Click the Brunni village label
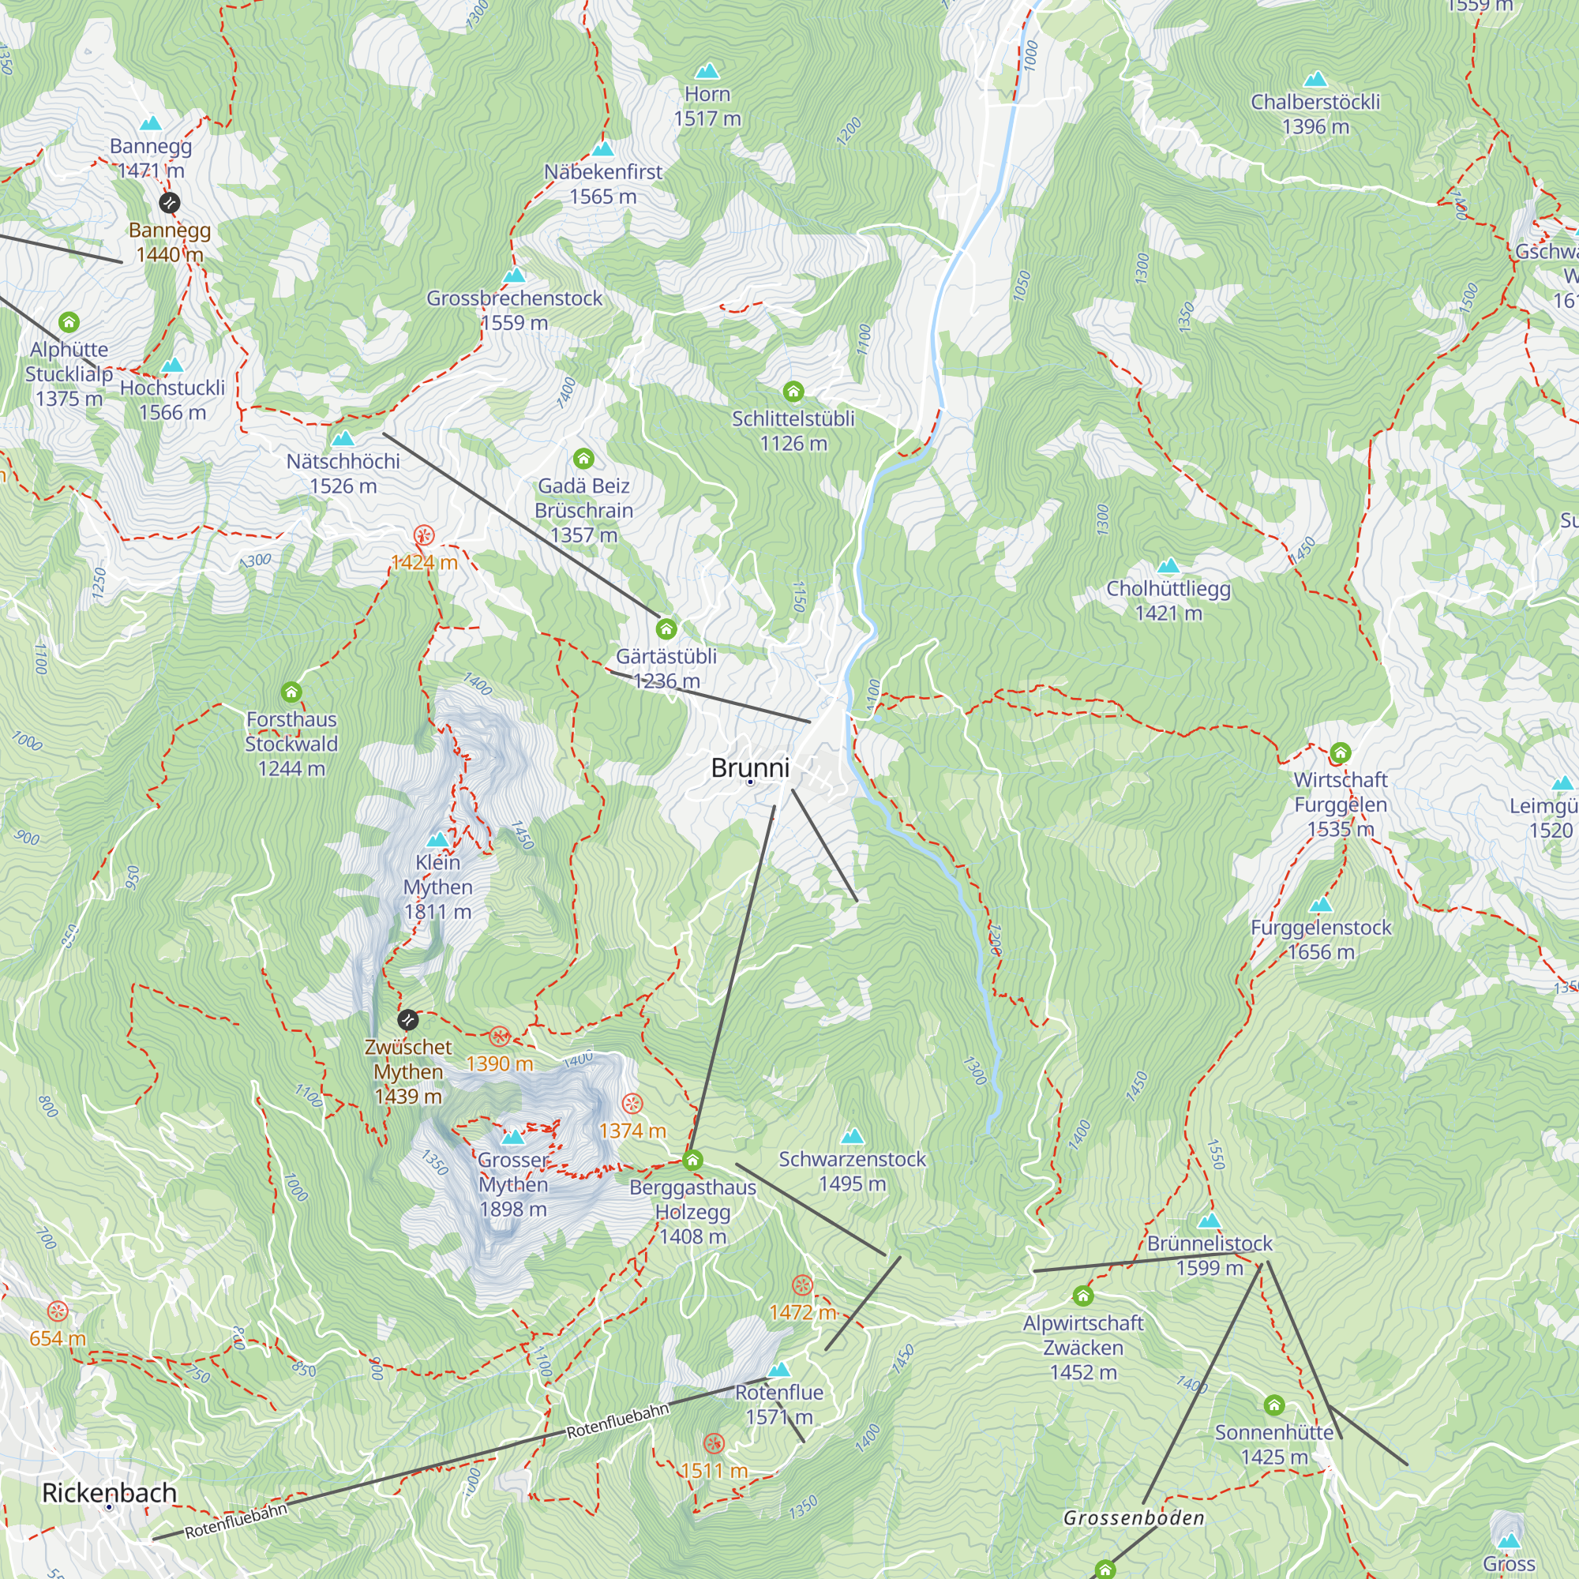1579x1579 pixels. [x=749, y=767]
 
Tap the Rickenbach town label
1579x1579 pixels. [x=109, y=1492]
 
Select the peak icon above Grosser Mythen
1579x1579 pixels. [x=512, y=1137]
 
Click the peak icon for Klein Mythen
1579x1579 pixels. [x=437, y=839]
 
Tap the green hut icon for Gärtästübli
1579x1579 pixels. [x=666, y=628]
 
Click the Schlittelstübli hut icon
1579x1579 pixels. [x=793, y=392]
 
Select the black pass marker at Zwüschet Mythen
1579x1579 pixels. [x=408, y=1019]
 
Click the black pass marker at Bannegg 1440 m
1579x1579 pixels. [x=169, y=202]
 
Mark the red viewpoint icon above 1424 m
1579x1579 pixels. [x=423, y=535]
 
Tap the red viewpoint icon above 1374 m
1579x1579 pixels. [x=632, y=1104]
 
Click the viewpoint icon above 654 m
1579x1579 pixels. [x=57, y=1311]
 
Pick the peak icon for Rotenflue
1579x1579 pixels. [x=779, y=1369]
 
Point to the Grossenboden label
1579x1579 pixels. [x=1134, y=1517]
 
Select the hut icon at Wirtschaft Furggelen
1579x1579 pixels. [x=1340, y=752]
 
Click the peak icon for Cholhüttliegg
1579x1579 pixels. [x=1168, y=565]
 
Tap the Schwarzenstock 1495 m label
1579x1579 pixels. [x=852, y=1170]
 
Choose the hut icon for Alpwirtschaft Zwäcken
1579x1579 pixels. [x=1083, y=1296]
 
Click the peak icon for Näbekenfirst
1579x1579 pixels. [x=602, y=148]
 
